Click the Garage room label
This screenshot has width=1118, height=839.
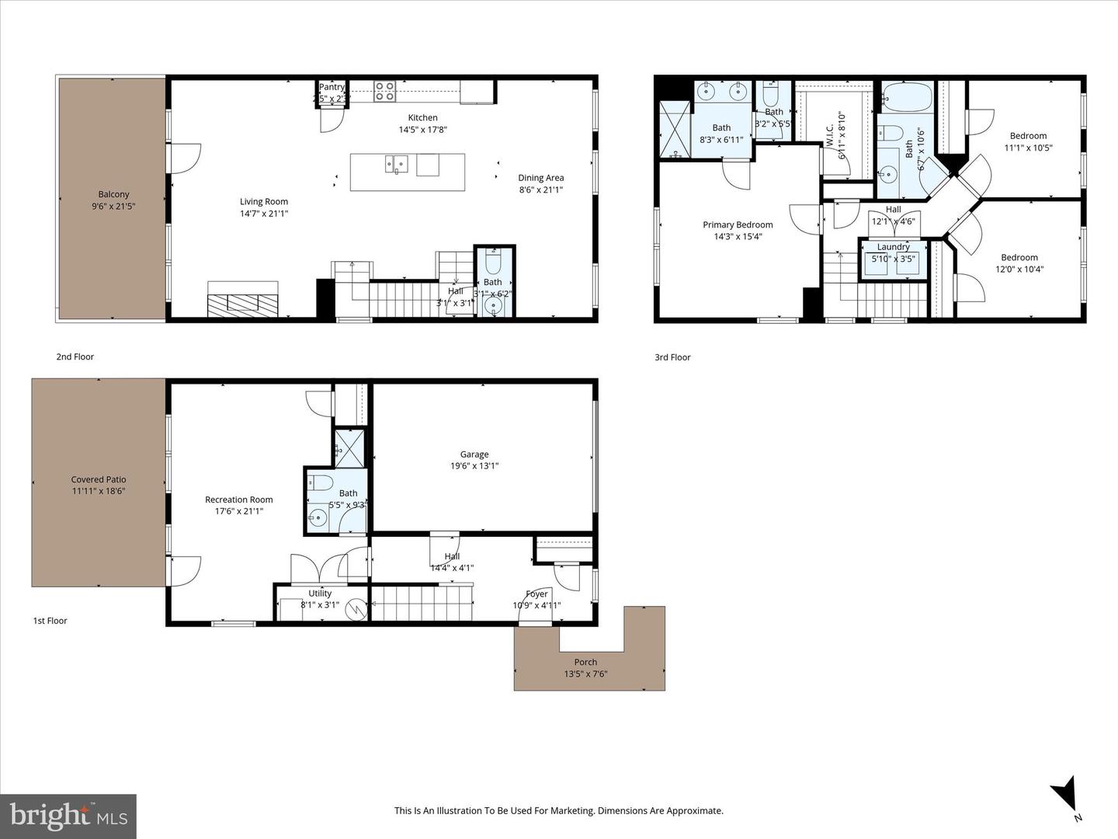474,454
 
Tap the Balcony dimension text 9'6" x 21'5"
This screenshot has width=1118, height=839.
113,206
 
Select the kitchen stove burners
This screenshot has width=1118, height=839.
385,92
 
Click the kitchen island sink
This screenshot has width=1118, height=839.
397,164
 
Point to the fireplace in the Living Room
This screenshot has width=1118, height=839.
242,300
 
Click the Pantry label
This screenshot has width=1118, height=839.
332,87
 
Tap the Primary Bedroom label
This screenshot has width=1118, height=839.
738,225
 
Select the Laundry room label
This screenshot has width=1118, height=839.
893,247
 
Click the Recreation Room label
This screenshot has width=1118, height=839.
238,500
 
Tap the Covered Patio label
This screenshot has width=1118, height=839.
99,479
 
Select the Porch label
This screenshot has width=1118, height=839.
585,663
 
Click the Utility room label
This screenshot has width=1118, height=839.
320,593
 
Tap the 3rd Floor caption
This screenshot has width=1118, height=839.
672,357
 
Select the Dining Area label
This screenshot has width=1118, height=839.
541,178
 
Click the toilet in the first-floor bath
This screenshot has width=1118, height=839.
321,483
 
